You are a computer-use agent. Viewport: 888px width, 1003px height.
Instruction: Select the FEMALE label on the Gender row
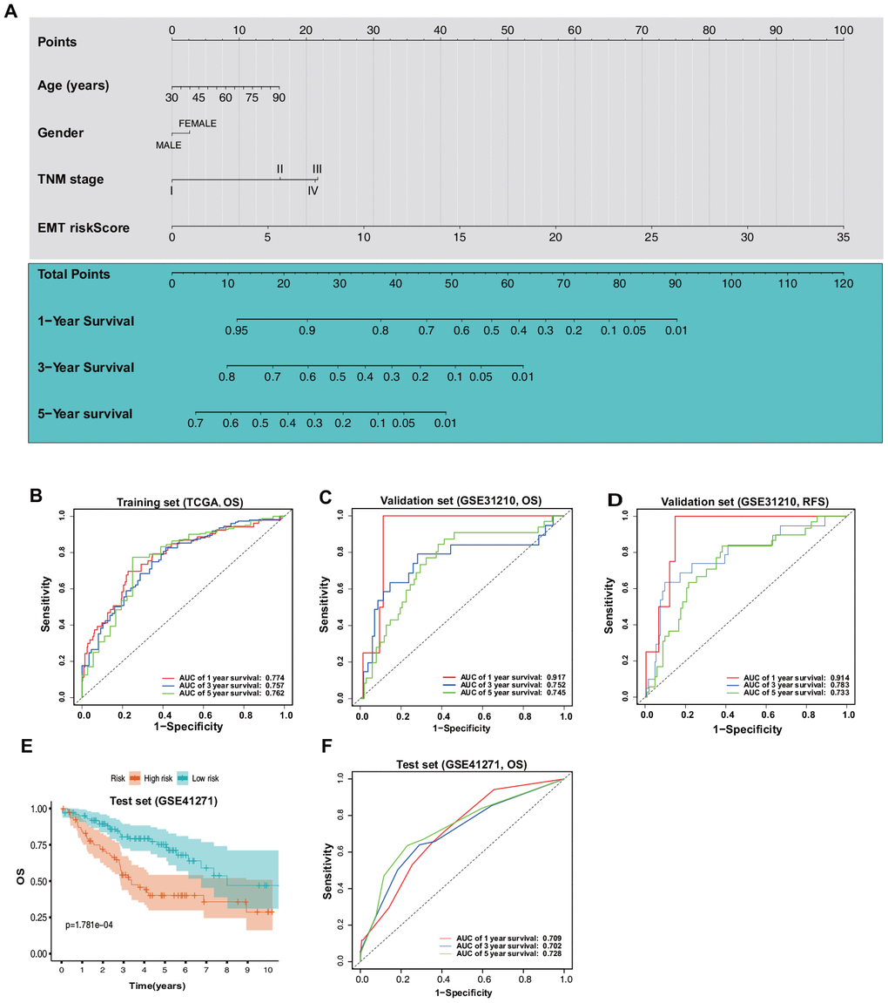coord(198,123)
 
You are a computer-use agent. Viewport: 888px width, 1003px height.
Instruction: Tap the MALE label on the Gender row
coord(168,145)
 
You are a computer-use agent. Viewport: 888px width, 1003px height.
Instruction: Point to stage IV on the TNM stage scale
coord(313,189)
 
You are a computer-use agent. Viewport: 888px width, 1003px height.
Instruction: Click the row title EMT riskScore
coord(84,227)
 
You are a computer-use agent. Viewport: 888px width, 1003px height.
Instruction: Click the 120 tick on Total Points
coord(842,283)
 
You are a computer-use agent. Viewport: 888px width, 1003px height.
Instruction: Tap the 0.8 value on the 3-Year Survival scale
coord(226,376)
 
